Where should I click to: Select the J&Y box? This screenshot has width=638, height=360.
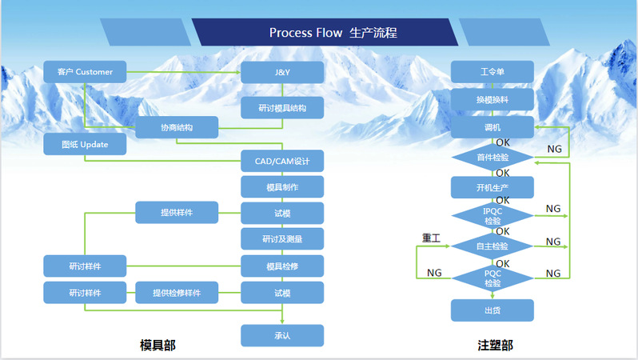pyautogui.click(x=282, y=73)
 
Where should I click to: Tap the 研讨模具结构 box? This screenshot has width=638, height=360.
pyautogui.click(x=282, y=107)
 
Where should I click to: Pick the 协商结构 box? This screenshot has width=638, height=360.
pyautogui.click(x=176, y=127)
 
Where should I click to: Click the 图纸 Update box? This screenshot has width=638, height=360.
pyautogui.click(x=84, y=144)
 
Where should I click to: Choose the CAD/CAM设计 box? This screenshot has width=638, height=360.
pyautogui.click(x=282, y=161)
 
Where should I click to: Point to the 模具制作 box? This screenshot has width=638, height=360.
pyautogui.click(x=282, y=187)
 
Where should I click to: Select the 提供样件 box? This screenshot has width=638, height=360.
pyautogui.click(x=176, y=213)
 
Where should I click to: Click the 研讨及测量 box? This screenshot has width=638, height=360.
pyautogui.click(x=282, y=238)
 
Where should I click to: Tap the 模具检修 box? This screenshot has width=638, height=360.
pyautogui.click(x=282, y=266)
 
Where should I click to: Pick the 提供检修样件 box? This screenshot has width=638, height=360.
pyautogui.click(x=176, y=293)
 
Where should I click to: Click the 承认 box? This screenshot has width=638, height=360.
pyautogui.click(x=282, y=335)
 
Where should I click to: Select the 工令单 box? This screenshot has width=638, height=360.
pyautogui.click(x=492, y=72)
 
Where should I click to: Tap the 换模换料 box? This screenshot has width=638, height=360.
pyautogui.click(x=492, y=99)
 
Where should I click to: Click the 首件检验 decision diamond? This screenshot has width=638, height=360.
pyautogui.click(x=492, y=157)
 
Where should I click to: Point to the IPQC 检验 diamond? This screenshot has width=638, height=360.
pyautogui.click(x=492, y=215)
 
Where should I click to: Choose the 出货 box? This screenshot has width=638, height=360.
pyautogui.click(x=492, y=310)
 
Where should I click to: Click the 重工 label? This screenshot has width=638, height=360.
pyautogui.click(x=431, y=238)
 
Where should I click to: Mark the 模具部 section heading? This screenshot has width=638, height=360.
pyautogui.click(x=158, y=345)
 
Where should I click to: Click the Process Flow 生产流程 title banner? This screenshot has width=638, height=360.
pyautogui.click(x=333, y=33)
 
